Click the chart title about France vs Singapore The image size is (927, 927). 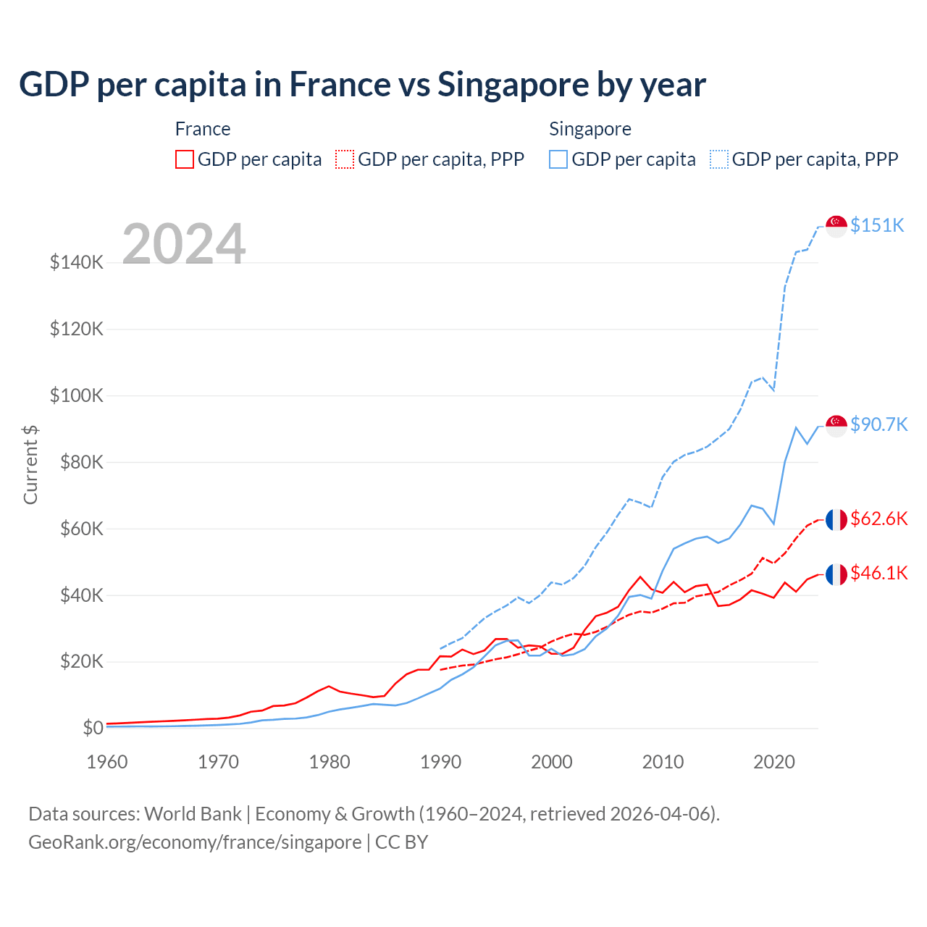(x=362, y=85)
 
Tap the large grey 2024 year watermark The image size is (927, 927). (x=184, y=244)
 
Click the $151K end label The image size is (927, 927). (x=877, y=225)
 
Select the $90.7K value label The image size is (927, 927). (x=878, y=424)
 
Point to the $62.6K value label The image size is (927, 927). (x=878, y=519)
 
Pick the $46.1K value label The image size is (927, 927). (x=878, y=573)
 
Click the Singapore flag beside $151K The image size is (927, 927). (x=836, y=226)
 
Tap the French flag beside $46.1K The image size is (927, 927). (x=836, y=574)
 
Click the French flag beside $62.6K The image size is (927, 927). (x=836, y=520)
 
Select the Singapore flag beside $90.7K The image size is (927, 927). (x=836, y=426)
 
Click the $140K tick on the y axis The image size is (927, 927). (x=77, y=262)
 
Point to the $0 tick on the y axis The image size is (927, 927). (x=93, y=728)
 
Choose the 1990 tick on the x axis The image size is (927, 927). (x=440, y=762)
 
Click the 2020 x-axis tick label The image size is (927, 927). (x=774, y=762)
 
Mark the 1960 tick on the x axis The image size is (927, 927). (x=107, y=762)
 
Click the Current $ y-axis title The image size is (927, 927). (x=30, y=465)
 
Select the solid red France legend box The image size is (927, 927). (x=185, y=159)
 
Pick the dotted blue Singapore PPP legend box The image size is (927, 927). (x=719, y=159)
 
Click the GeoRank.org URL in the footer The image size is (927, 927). (x=195, y=842)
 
